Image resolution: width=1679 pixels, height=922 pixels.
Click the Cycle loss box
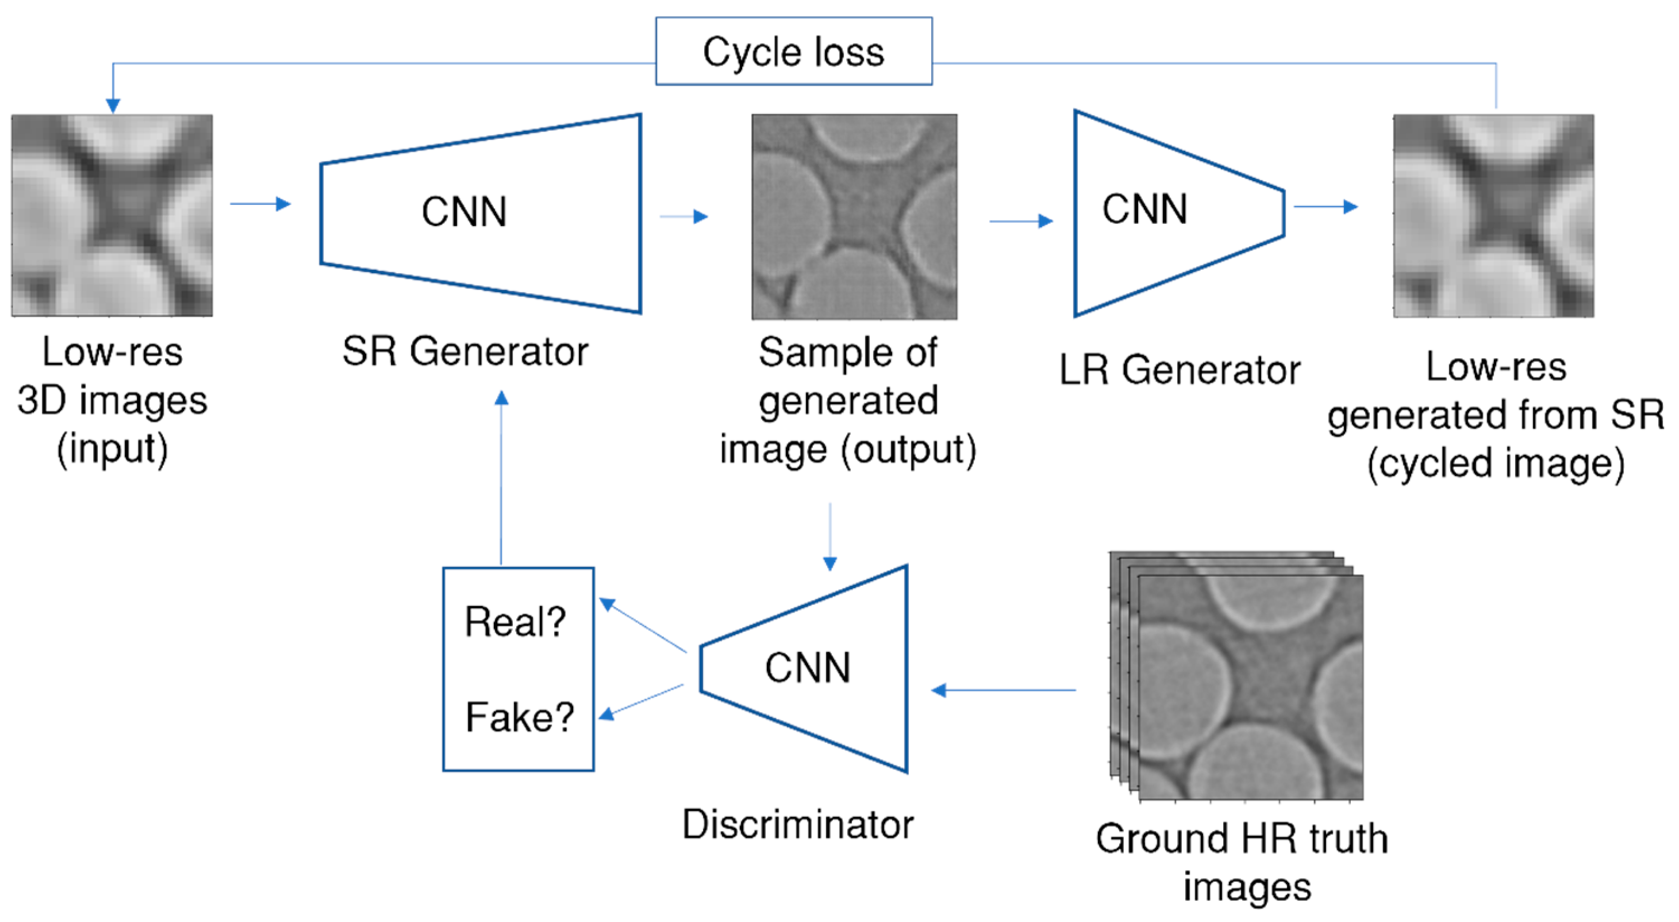point(793,51)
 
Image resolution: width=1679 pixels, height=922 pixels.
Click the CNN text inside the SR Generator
point(464,212)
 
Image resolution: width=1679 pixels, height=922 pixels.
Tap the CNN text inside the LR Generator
point(1144,209)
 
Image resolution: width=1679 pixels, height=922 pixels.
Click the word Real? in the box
point(515,622)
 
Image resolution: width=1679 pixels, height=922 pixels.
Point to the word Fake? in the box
point(520,717)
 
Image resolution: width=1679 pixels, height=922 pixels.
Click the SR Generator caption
point(465,352)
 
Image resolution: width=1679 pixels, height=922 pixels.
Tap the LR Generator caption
point(1179,370)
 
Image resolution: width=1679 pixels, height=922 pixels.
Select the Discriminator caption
point(798,824)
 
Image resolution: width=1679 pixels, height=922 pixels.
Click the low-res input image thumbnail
point(112,215)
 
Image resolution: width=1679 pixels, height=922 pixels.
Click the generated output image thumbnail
point(854,217)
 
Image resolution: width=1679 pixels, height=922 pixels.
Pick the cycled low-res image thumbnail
point(1493,215)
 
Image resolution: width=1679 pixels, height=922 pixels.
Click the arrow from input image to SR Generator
point(260,204)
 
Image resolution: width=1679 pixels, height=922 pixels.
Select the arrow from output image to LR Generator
point(1021,222)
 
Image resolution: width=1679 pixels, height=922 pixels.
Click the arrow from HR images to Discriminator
point(1004,690)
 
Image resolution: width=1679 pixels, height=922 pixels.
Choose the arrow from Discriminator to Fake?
point(642,702)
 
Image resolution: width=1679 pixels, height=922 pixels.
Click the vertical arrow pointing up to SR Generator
point(501,476)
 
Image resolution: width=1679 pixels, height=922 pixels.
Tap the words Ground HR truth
point(1241,839)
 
